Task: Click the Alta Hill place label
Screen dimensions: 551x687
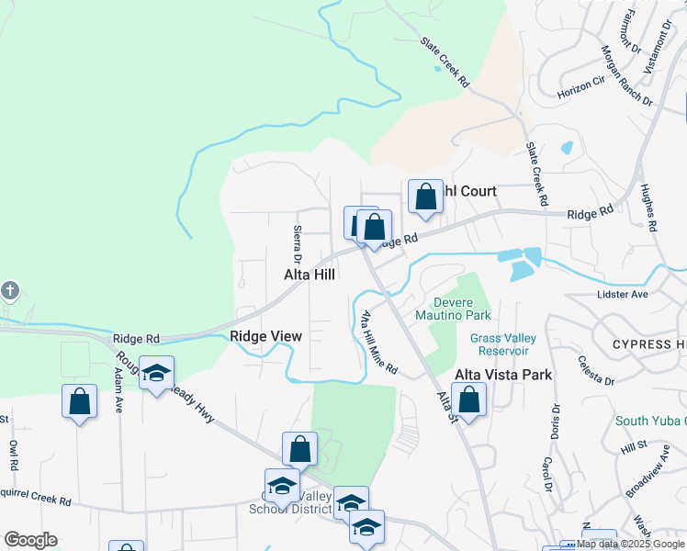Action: click(309, 274)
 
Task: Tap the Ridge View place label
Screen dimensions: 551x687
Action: click(266, 336)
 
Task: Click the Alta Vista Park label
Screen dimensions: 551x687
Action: click(503, 375)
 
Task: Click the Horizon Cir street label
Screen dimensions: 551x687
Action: click(581, 86)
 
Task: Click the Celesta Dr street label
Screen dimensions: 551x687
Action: click(596, 371)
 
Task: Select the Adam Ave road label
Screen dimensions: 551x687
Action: click(118, 391)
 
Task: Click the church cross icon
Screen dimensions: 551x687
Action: click(9, 291)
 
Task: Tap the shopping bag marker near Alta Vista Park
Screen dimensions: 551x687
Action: click(468, 399)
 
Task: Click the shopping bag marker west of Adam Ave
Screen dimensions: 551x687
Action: click(80, 401)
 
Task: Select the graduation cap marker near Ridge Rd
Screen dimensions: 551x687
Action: click(157, 374)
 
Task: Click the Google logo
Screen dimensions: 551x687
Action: click(30, 540)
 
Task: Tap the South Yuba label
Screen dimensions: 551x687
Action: click(650, 421)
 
